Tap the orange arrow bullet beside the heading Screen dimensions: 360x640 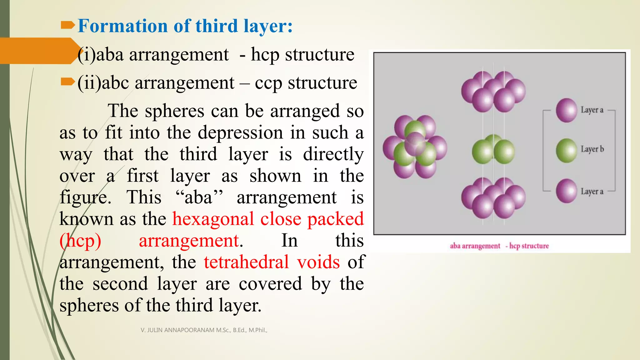(x=67, y=25)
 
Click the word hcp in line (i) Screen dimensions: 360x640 (x=265, y=55)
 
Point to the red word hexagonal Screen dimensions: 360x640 (x=213, y=219)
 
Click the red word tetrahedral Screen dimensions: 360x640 (x=246, y=262)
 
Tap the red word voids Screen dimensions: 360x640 (x=318, y=262)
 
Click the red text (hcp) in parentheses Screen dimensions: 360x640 (x=80, y=241)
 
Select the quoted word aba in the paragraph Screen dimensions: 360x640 (x=199, y=197)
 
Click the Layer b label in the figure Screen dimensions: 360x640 (x=592, y=149)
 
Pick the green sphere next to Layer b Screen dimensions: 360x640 (x=566, y=151)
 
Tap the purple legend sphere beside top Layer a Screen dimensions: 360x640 (x=566, y=110)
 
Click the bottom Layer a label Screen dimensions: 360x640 (x=592, y=191)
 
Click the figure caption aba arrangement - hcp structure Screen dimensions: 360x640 (x=499, y=246)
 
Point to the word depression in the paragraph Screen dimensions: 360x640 (x=240, y=132)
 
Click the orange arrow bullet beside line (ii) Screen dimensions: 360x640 (x=67, y=82)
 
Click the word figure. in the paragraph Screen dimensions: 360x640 (x=85, y=197)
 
